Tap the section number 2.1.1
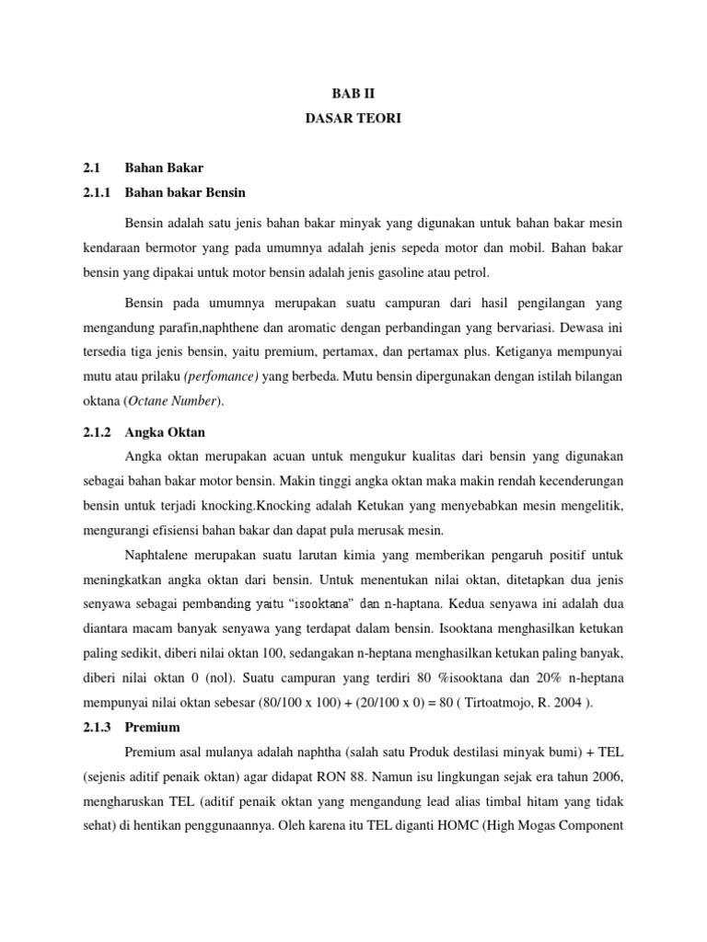point(96,193)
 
